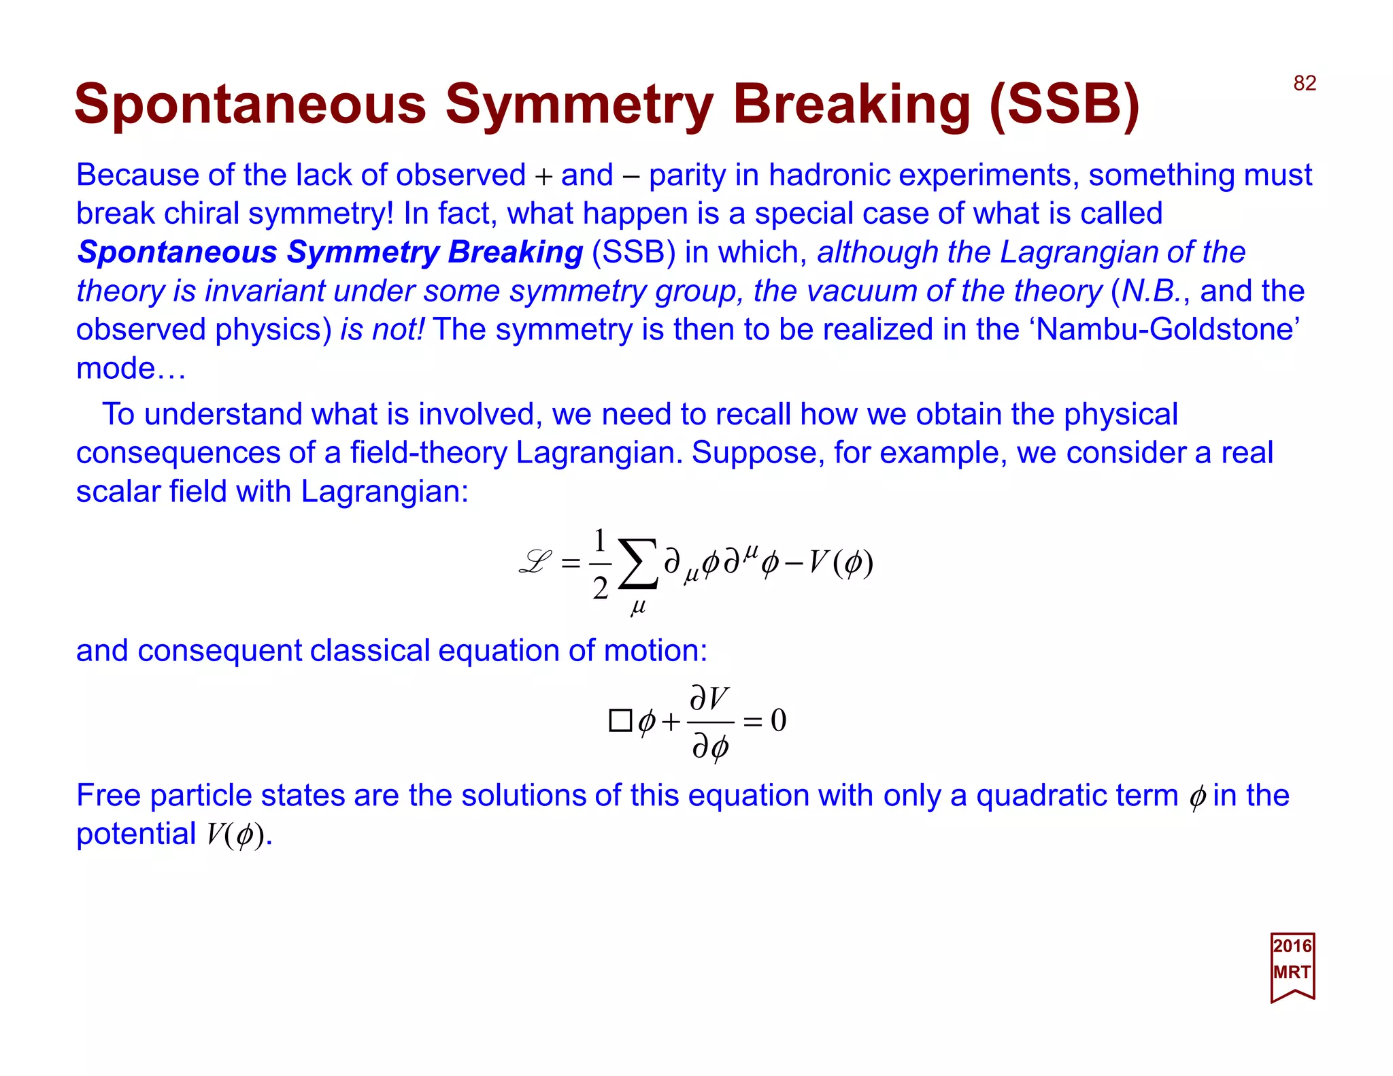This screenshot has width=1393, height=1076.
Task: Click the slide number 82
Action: coord(1305,83)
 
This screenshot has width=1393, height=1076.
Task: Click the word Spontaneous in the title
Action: coord(250,104)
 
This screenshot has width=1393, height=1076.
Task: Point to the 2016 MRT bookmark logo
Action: coord(1292,966)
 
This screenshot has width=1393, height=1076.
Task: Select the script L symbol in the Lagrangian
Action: coord(535,562)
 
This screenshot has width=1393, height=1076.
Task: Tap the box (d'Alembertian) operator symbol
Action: coord(620,720)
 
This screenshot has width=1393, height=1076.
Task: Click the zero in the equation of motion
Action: coord(779,720)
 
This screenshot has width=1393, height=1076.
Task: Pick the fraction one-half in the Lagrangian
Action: coord(600,564)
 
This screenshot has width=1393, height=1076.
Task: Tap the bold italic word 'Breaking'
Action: coord(515,252)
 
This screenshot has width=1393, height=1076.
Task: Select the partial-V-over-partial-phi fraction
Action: coord(710,722)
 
